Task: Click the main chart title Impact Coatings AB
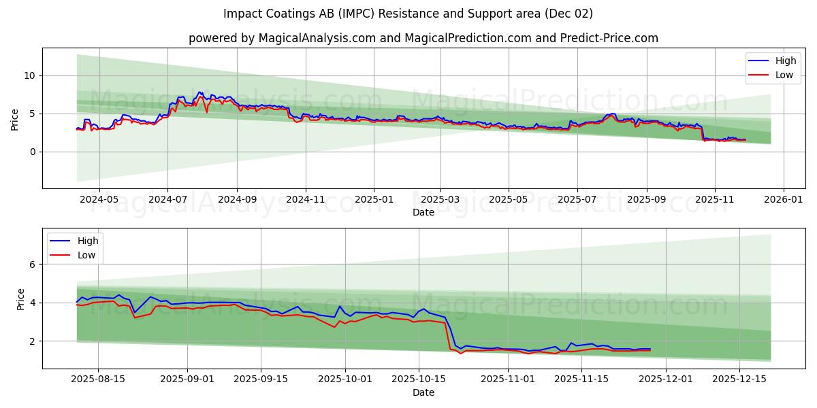coord(408,14)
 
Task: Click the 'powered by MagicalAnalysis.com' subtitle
coord(423,38)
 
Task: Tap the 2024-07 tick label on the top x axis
coord(168,199)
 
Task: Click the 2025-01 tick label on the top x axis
coord(373,199)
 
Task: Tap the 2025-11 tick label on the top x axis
coord(714,199)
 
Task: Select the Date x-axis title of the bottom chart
coord(423,392)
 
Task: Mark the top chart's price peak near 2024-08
coord(200,92)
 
